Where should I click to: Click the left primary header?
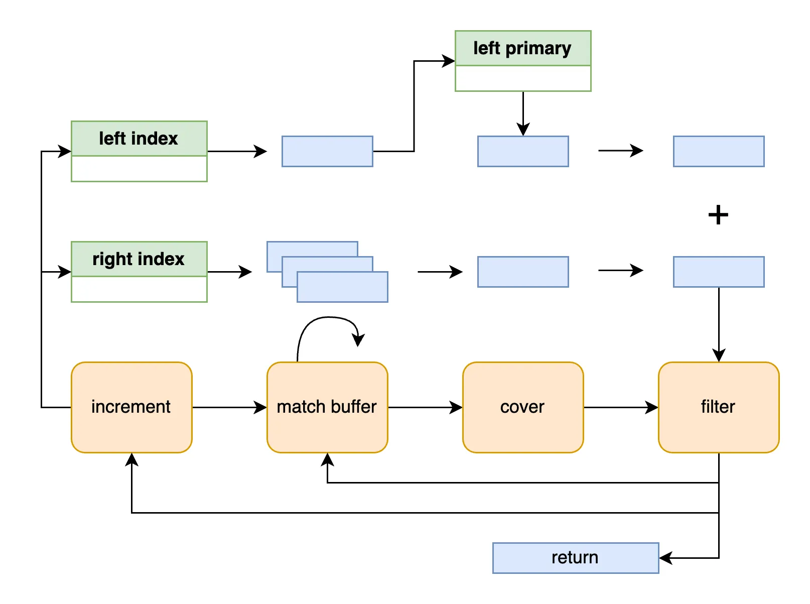point(522,48)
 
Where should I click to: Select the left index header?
point(139,139)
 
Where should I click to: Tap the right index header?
point(139,259)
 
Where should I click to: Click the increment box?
point(131,407)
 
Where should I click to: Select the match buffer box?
point(327,407)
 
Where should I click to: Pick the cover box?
point(522,407)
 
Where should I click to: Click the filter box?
point(718,407)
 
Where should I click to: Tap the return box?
point(575,558)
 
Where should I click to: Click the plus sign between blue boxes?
point(718,215)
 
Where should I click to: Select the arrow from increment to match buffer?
point(229,407)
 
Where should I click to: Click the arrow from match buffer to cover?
point(425,407)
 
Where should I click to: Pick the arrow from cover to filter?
point(620,407)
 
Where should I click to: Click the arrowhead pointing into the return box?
point(665,558)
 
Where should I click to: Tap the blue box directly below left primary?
point(522,151)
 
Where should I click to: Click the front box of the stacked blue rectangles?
point(342,287)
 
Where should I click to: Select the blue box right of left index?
point(327,151)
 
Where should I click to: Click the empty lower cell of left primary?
point(522,78)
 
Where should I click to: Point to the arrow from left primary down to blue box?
point(523,113)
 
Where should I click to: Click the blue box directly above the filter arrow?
point(718,272)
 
